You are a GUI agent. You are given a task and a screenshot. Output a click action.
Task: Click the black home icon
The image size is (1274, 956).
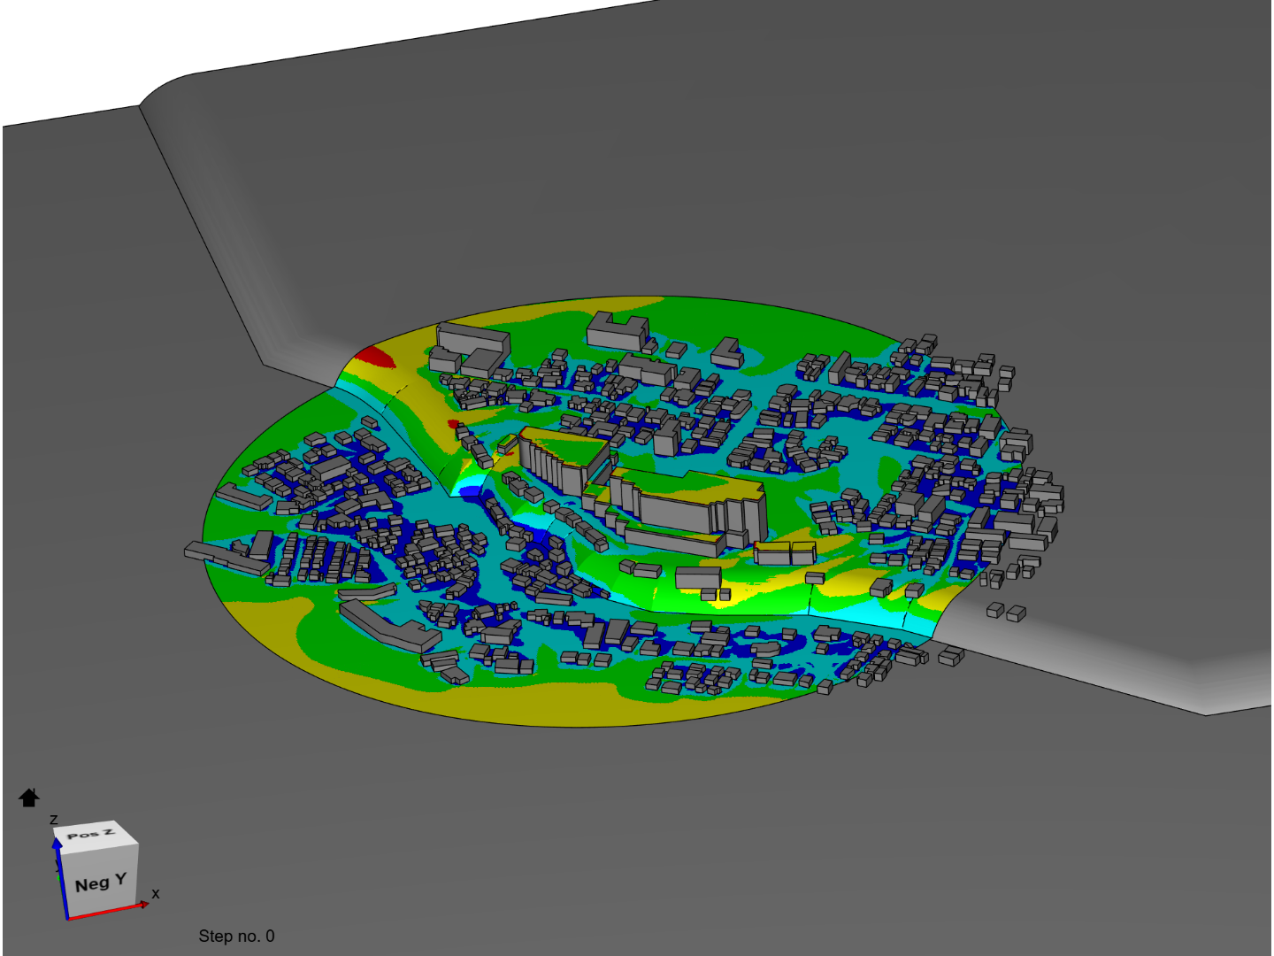tap(29, 798)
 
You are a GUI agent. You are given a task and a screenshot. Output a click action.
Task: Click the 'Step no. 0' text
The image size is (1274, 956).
tap(236, 936)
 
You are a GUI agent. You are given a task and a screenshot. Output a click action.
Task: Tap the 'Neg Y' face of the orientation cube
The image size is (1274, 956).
tap(100, 883)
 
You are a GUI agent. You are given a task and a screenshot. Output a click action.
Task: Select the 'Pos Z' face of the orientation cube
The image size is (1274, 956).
tap(91, 834)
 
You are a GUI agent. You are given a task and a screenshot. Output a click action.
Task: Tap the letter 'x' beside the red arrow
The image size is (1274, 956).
tap(156, 894)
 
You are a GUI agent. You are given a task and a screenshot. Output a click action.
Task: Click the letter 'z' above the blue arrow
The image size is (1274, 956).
tap(54, 820)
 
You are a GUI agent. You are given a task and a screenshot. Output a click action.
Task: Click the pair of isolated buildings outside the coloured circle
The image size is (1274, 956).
tap(1006, 611)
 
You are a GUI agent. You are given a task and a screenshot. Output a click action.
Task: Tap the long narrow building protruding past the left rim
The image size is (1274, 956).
tap(221, 558)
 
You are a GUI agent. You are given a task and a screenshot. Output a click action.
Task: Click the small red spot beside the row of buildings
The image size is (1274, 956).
tap(454, 424)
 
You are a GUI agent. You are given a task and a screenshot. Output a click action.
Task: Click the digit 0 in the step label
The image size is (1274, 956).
tap(270, 936)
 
